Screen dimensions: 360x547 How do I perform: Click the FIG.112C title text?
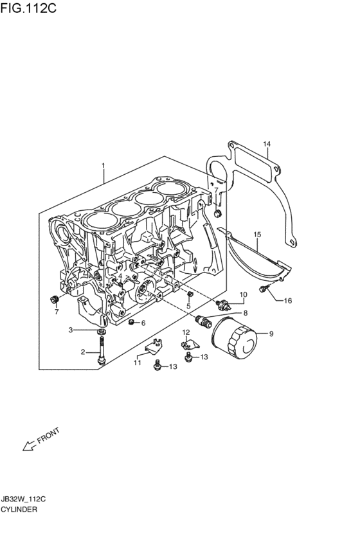[x=28, y=8]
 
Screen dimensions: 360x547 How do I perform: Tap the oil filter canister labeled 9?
[x=234, y=338]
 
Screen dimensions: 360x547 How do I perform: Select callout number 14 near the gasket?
[x=267, y=144]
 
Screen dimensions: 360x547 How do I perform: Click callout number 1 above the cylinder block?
[x=104, y=165]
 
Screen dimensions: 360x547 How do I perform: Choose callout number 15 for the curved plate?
[x=257, y=235]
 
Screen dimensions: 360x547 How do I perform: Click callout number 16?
[x=288, y=301]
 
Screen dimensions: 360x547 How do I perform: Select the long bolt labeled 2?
[x=102, y=350]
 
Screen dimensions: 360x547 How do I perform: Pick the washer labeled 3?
[x=102, y=331]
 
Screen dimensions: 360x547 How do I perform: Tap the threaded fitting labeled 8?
[x=203, y=321]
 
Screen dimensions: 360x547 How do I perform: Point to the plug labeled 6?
[x=132, y=321]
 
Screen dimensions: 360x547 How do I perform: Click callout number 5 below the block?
[x=188, y=307]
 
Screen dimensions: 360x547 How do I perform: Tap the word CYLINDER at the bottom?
[x=19, y=509]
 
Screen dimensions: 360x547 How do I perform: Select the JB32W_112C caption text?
[x=22, y=499]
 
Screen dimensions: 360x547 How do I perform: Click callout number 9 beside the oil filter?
[x=271, y=334]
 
